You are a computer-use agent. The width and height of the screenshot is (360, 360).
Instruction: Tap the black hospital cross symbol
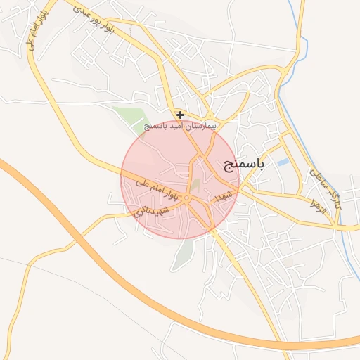click(x=181, y=114)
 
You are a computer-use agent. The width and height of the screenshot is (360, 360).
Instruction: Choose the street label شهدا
click(x=226, y=194)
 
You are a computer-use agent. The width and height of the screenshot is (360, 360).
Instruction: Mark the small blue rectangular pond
click(x=283, y=162)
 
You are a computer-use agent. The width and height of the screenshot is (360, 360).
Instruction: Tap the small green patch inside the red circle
click(x=195, y=186)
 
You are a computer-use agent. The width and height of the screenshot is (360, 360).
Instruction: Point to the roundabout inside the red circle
click(x=187, y=200)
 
